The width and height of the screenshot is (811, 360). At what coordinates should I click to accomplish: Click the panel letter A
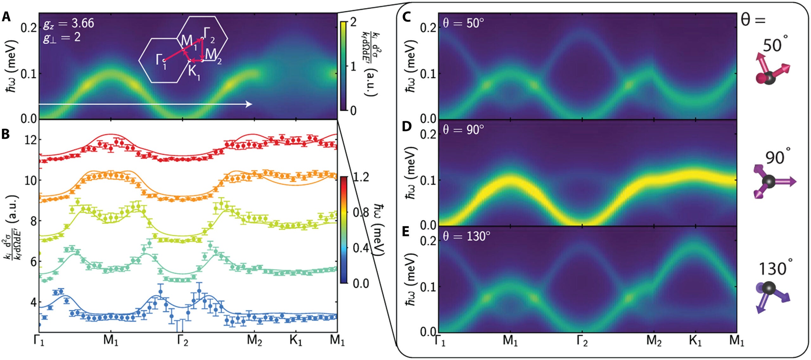tap(6, 16)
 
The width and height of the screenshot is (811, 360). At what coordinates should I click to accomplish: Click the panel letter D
tap(406, 126)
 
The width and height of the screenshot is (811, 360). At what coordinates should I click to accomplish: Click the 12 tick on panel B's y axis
tap(31, 140)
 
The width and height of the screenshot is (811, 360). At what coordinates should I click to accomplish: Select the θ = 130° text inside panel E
tap(466, 236)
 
